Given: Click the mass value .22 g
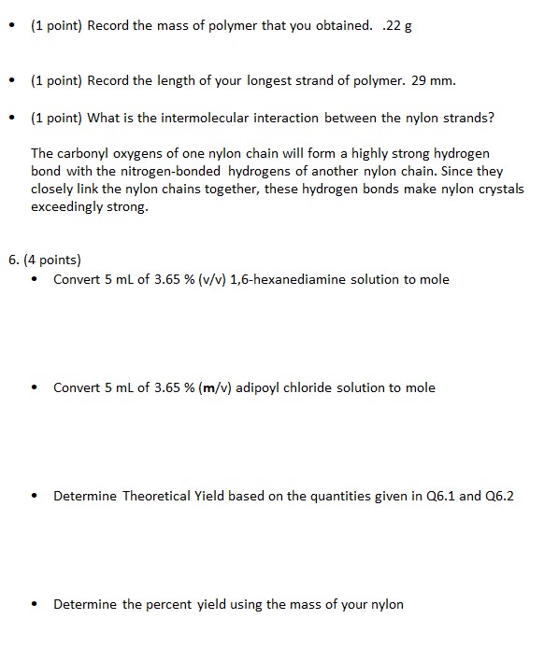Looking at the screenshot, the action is [x=397, y=25].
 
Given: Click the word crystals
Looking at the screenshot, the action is [x=501, y=190].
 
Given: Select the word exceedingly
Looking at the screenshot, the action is [x=65, y=207].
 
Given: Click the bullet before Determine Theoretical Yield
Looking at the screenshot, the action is [x=35, y=496].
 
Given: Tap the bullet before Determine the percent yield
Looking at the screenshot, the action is [x=35, y=604].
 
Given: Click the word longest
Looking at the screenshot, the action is [x=279, y=81].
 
